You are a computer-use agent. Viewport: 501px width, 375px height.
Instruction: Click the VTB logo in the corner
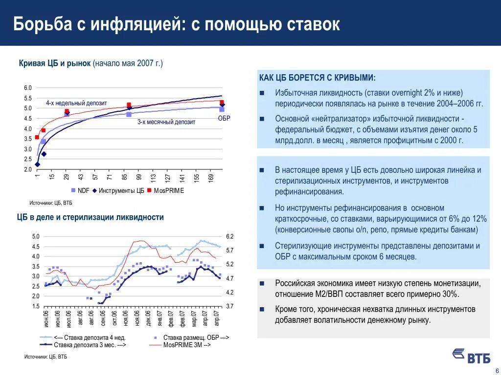click(x=471, y=355)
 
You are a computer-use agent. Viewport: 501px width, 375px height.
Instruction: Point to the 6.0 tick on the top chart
click(x=28, y=88)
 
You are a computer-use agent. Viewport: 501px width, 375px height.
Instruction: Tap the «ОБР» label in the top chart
click(x=224, y=119)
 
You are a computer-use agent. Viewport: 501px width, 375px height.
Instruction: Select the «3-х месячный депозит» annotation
click(x=166, y=122)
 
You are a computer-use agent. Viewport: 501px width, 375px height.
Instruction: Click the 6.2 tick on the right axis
click(x=230, y=236)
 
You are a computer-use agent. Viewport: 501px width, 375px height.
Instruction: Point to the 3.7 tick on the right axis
click(x=230, y=306)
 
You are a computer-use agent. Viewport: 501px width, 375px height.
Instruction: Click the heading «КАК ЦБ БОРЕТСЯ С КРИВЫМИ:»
click(x=318, y=78)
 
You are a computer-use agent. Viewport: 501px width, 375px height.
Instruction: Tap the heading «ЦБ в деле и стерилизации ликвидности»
click(x=91, y=217)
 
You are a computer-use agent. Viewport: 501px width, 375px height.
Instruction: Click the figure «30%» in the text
click(x=448, y=294)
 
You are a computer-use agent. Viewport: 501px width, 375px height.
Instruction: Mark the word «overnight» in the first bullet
click(x=406, y=93)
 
